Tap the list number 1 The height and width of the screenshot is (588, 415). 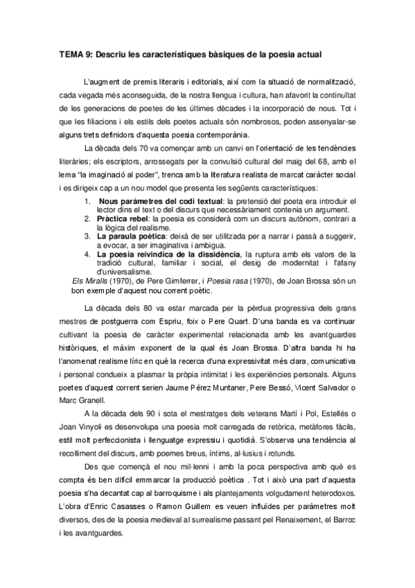[88, 200]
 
